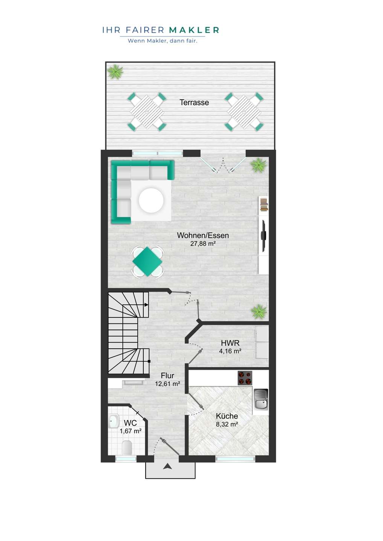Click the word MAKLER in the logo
pos(194,30)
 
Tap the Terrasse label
pos(194,103)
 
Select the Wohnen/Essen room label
pos(203,235)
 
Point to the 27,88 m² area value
pos(203,244)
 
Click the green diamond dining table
pos(147,261)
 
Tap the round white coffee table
pos(151,201)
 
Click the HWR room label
pos(230,343)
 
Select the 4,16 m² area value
pos(230,351)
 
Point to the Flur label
pos(167,376)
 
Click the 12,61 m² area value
pos(167,384)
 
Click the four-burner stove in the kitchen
pos(245,378)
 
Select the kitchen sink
pos(261,399)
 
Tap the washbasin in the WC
pos(113,421)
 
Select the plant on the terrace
pos(115,72)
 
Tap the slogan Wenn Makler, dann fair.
pos(163,41)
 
